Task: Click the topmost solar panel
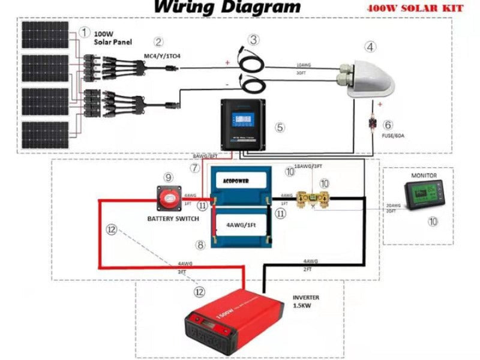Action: (x=45, y=35)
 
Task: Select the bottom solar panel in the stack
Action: (x=45, y=136)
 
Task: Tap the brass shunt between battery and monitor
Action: (x=314, y=197)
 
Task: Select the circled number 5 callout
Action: (x=280, y=127)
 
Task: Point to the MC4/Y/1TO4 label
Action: (x=162, y=56)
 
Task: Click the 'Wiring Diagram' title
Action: (x=227, y=8)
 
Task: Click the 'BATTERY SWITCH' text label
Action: (x=173, y=219)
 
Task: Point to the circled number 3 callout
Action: (x=254, y=40)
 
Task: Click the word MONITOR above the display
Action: (x=424, y=175)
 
